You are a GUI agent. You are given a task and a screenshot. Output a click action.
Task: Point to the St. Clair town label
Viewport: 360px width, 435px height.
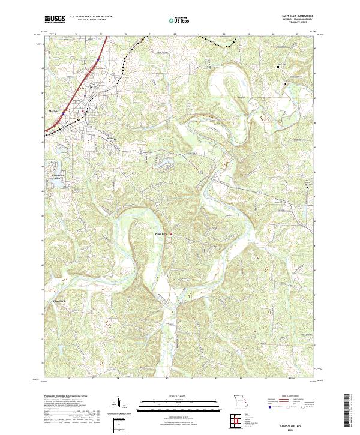(x=53, y=110)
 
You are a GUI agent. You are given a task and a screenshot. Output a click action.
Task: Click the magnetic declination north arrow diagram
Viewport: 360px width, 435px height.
(x=120, y=404)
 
